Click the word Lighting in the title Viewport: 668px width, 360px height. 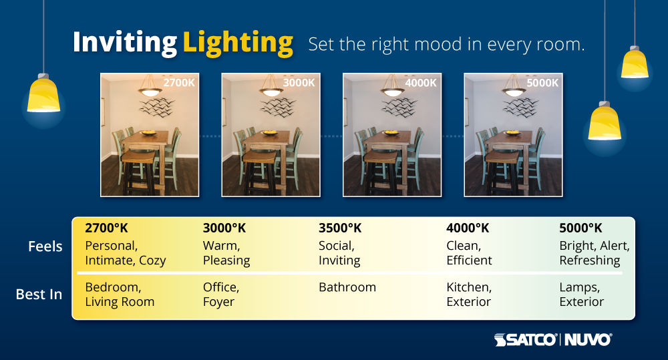tap(238, 43)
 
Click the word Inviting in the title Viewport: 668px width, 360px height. tap(124, 43)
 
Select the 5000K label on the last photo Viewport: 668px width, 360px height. tap(542, 83)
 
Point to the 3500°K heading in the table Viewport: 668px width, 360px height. tap(340, 228)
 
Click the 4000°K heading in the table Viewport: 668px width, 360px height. tap(468, 228)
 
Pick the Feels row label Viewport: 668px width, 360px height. tap(45, 246)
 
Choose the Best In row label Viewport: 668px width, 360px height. tap(39, 294)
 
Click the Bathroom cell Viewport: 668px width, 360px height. tap(347, 287)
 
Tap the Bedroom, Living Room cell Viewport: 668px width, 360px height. tap(120, 295)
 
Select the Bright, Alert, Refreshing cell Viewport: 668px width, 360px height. tap(594, 253)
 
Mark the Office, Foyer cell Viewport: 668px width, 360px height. tap(221, 295)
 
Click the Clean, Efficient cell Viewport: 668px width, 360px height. tap(469, 253)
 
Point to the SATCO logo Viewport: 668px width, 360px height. tap(525, 340)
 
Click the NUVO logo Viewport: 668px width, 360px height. tap(589, 340)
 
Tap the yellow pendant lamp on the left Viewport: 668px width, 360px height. tap(43, 96)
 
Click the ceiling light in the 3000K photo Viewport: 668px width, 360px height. tap(272, 90)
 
